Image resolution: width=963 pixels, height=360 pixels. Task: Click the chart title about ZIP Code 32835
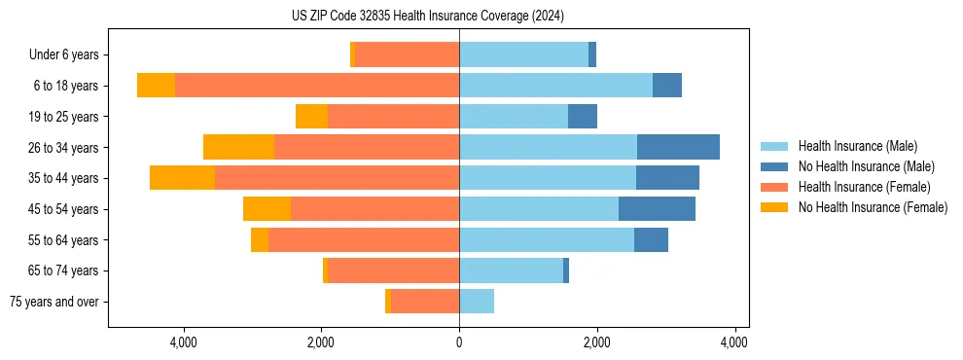pyautogui.click(x=428, y=16)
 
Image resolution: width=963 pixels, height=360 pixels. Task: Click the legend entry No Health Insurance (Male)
pyautogui.click(x=866, y=166)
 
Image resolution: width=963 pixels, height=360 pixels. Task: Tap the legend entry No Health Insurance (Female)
pyautogui.click(x=873, y=207)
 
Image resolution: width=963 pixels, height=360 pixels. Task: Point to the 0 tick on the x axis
pyautogui.click(x=459, y=342)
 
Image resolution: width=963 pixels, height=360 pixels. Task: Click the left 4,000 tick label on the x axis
pyautogui.click(x=184, y=342)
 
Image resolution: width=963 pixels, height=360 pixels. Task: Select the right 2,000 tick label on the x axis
pyautogui.click(x=596, y=342)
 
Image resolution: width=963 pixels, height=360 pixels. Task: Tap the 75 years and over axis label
pyautogui.click(x=54, y=302)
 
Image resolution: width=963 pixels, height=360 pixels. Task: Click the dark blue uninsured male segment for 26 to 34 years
pyautogui.click(x=678, y=147)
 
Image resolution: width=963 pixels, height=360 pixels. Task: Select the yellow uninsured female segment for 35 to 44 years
pyautogui.click(x=182, y=178)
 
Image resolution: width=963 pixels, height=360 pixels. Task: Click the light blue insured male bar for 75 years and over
pyautogui.click(x=477, y=302)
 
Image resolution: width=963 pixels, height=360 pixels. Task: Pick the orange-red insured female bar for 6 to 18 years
pyautogui.click(x=317, y=86)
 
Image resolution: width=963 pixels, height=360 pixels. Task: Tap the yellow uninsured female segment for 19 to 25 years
pyautogui.click(x=311, y=117)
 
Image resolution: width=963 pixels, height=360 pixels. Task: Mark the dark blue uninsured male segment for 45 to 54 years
pyautogui.click(x=657, y=209)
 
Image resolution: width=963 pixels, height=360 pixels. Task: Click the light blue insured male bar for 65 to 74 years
pyautogui.click(x=511, y=270)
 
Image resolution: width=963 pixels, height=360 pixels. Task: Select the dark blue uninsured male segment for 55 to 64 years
pyautogui.click(x=651, y=239)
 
